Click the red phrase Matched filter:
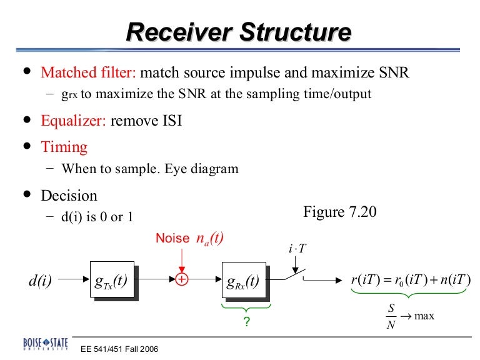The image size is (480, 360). pyautogui.click(x=88, y=72)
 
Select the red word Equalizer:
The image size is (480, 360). pyautogui.click(x=73, y=120)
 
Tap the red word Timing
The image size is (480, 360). pyautogui.click(x=64, y=147)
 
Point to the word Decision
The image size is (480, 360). pyautogui.click(x=69, y=196)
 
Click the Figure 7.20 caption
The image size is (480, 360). pyautogui.click(x=339, y=212)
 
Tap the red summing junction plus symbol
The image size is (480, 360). pyautogui.click(x=181, y=279)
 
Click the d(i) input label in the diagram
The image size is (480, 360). pyautogui.click(x=41, y=281)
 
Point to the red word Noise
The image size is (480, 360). pyautogui.click(x=172, y=238)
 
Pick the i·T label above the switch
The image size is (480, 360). pyautogui.click(x=297, y=248)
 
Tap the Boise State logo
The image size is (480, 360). pyautogui.click(x=46, y=346)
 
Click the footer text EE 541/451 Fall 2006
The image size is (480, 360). pyautogui.click(x=119, y=349)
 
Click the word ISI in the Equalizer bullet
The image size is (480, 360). pyautogui.click(x=167, y=120)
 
